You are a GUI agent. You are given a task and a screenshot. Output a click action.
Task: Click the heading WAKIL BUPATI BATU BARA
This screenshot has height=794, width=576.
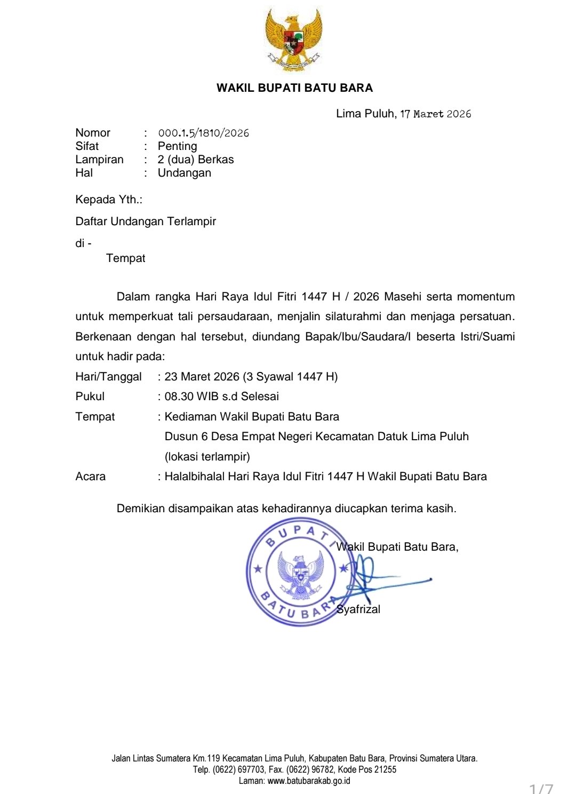pyautogui.click(x=294, y=88)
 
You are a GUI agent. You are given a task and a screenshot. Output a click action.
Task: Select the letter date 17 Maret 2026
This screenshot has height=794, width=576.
pyautogui.click(x=436, y=114)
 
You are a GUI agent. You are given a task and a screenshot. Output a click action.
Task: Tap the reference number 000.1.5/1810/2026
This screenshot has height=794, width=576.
pyautogui.click(x=203, y=133)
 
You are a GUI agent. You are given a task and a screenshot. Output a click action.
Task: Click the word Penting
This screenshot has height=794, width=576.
pyautogui.click(x=177, y=146)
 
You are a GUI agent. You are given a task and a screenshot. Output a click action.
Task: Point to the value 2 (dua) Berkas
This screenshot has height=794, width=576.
pyautogui.click(x=196, y=160)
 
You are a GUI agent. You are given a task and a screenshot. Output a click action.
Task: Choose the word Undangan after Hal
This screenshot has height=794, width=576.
pyautogui.click(x=184, y=173)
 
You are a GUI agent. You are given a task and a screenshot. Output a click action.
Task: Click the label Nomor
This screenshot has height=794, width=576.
pyautogui.click(x=93, y=133)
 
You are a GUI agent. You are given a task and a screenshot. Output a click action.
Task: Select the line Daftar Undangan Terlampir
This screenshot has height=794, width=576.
pyautogui.click(x=146, y=221)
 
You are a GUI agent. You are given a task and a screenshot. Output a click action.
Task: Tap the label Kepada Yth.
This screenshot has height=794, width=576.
pyautogui.click(x=109, y=200)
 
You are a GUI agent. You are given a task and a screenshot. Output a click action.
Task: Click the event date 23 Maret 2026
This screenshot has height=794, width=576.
pyautogui.click(x=202, y=377)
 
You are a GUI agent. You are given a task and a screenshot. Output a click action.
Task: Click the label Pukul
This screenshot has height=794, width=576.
pyautogui.click(x=90, y=396)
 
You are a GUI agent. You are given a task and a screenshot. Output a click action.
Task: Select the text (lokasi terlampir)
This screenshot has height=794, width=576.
pyautogui.click(x=207, y=457)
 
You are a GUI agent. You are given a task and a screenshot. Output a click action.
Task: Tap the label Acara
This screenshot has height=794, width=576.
pyautogui.click(x=91, y=477)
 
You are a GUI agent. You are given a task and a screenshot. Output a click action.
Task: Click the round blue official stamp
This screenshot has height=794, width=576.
pyautogui.click(x=301, y=572)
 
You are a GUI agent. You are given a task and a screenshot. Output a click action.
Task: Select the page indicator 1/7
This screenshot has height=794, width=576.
pyautogui.click(x=541, y=788)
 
